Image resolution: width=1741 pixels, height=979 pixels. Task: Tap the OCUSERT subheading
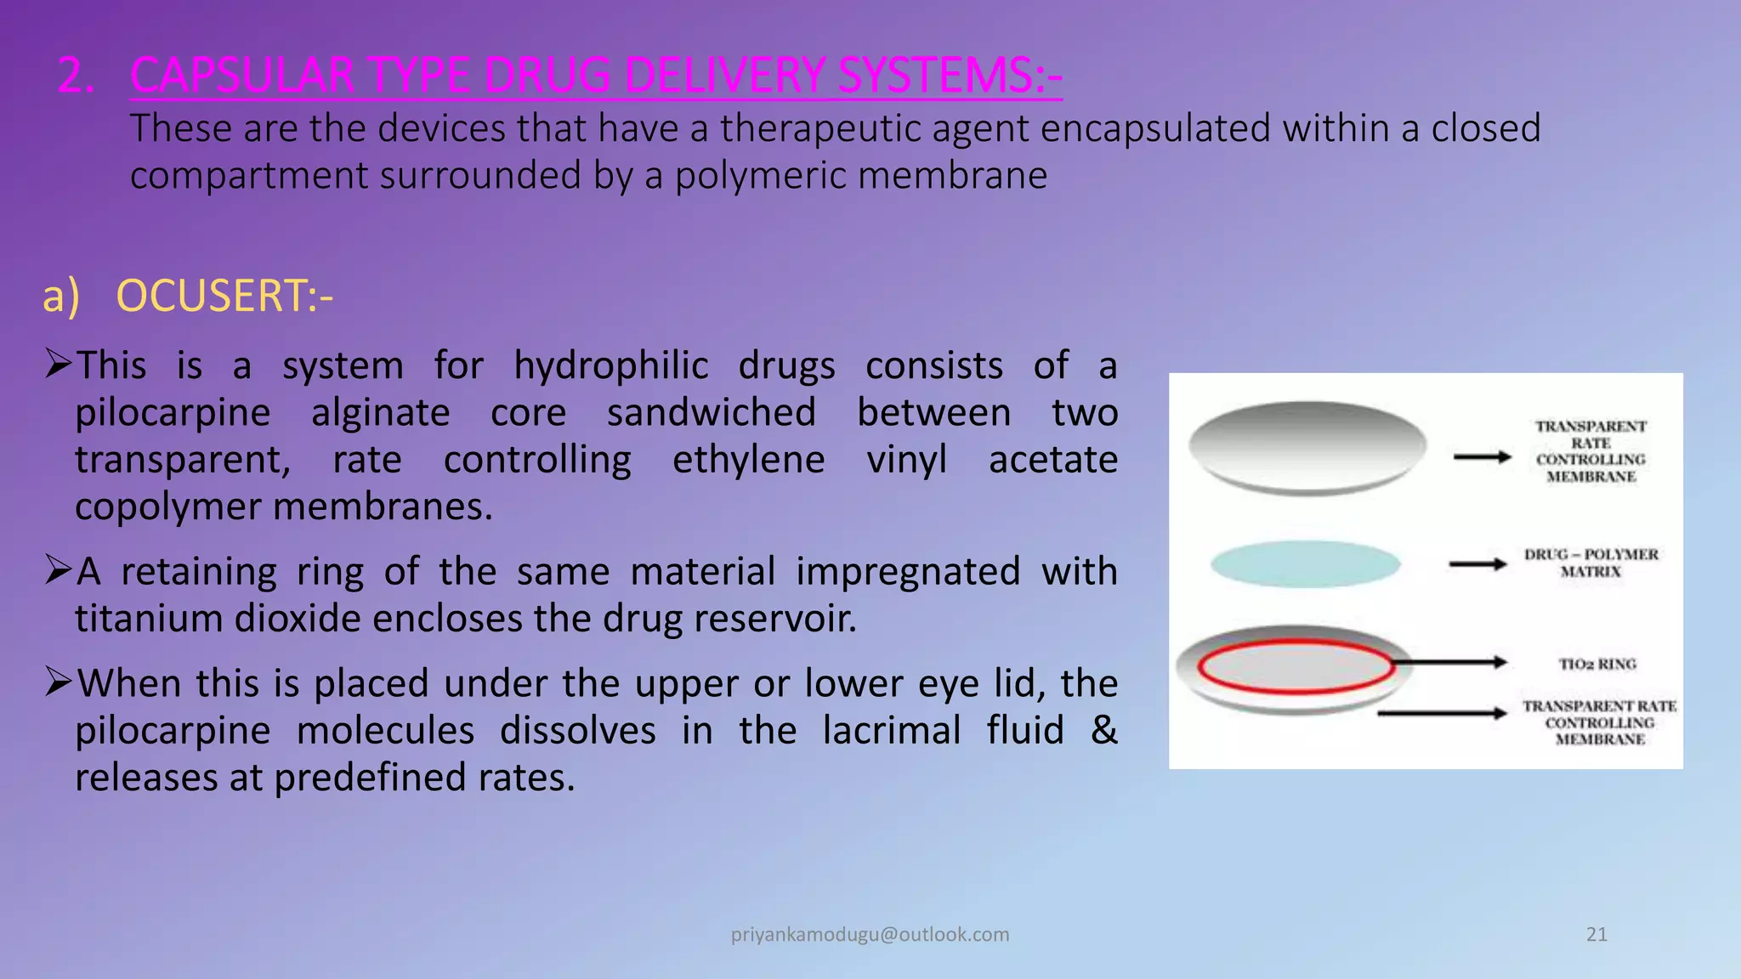[224, 296]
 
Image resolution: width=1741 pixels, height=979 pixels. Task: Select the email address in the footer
[870, 934]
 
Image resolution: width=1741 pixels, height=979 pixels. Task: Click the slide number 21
[1596, 934]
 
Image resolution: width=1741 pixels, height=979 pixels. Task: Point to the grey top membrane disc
[1307, 447]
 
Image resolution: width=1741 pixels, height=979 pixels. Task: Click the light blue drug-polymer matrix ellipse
[1305, 563]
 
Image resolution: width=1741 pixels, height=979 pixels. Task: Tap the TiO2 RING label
[1596, 664]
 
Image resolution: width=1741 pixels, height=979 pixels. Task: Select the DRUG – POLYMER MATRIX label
[1591, 563]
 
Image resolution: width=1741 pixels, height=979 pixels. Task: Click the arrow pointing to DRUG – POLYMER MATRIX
[1477, 563]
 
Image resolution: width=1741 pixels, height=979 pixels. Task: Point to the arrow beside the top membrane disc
[1482, 457]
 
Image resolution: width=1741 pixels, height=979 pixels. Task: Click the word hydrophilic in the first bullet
[610, 365]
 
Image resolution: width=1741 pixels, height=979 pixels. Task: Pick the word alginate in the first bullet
[380, 413]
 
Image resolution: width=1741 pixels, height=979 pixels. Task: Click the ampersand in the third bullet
[1103, 730]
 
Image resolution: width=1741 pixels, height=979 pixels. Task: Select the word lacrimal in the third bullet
[891, 730]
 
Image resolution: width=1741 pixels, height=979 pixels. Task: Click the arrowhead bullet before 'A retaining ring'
[58, 569]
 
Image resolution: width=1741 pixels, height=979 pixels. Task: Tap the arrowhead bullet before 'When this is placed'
[58, 682]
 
